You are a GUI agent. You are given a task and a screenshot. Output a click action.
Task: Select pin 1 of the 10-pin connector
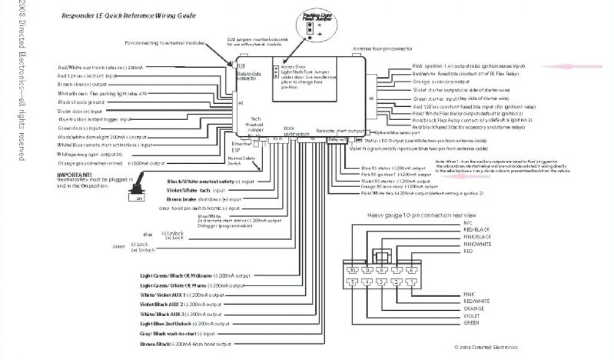pos(412,281)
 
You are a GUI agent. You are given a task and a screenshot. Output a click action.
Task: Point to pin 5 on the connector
pos(353,281)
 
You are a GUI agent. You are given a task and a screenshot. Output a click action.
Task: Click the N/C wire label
pos(468,223)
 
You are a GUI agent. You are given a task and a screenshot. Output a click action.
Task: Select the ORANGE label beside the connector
pos(473,308)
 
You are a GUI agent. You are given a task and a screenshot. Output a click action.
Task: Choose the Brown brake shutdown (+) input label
pos(203,199)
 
